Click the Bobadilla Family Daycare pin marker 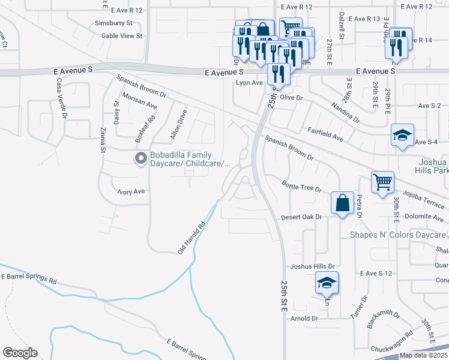[141, 158]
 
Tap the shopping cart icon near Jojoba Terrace [382, 181]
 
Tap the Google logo [20, 353]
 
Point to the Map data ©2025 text [423, 355]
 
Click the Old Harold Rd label [191, 238]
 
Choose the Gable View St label [122, 36]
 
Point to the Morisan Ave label [139, 101]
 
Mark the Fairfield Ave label [325, 133]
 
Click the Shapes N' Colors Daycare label [398, 235]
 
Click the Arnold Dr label [306, 319]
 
